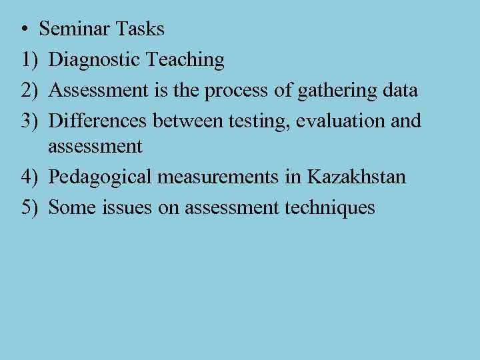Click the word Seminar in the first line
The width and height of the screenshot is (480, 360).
75,29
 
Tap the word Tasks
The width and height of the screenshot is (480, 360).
139,29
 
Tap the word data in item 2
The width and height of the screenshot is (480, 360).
401,90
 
